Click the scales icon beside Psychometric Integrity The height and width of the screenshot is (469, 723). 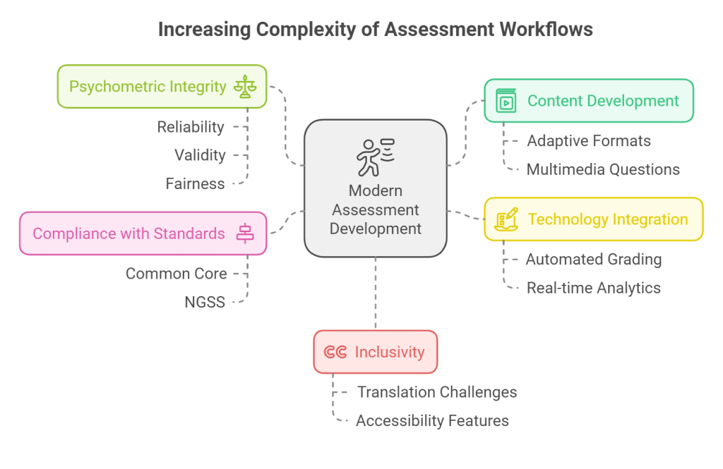coord(245,87)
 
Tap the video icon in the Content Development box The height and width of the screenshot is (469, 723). coord(506,101)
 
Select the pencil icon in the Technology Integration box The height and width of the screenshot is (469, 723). coord(506,219)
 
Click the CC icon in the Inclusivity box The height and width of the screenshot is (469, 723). coord(335,353)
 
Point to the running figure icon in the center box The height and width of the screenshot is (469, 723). coord(376,157)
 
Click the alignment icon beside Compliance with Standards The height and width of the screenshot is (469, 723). coord(245,233)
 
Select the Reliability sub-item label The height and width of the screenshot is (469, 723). coord(191,127)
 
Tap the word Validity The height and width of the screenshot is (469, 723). coord(200,155)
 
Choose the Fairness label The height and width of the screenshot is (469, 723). coord(195,184)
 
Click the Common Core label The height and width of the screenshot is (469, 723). coord(176,274)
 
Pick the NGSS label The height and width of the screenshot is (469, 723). coord(205,303)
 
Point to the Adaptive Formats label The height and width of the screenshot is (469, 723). coord(589,141)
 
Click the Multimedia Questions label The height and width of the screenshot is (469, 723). coord(603,169)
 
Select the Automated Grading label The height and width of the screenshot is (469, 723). coord(594,260)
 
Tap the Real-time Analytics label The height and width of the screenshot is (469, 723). coord(593,288)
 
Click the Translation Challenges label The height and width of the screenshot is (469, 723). coord(437,392)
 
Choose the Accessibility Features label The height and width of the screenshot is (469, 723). coord(433,420)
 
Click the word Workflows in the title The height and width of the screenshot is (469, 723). coord(546,30)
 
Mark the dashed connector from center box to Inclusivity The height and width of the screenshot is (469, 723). coord(376,293)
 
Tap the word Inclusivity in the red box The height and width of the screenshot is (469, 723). coord(390,353)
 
